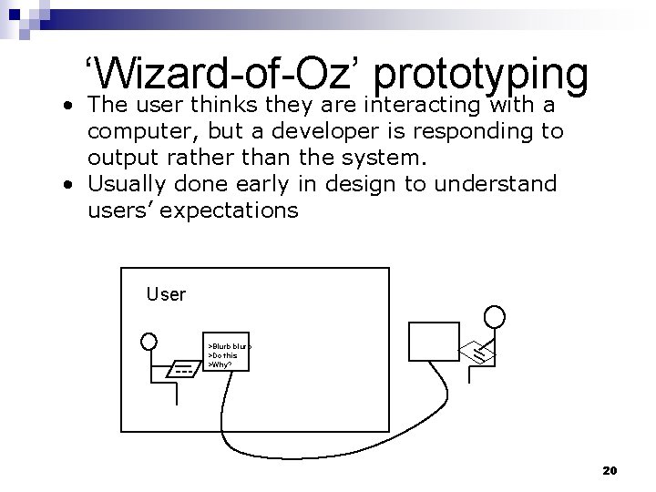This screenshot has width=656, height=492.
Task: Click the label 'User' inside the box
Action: [x=166, y=294]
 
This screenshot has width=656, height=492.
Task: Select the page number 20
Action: [x=610, y=470]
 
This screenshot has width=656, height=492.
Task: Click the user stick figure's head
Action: [x=149, y=342]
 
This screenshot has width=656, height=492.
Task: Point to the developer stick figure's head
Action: [x=493, y=316]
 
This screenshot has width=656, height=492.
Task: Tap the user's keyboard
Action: [x=183, y=370]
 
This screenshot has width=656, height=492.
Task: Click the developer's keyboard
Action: [x=478, y=348]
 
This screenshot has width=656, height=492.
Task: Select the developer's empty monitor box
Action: [x=434, y=341]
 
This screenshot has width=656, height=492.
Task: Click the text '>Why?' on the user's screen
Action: [x=220, y=364]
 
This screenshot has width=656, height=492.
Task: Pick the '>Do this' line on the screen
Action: [x=224, y=355]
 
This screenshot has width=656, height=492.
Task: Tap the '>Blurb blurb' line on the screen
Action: [x=229, y=347]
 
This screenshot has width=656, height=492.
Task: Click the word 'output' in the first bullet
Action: [x=118, y=158]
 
